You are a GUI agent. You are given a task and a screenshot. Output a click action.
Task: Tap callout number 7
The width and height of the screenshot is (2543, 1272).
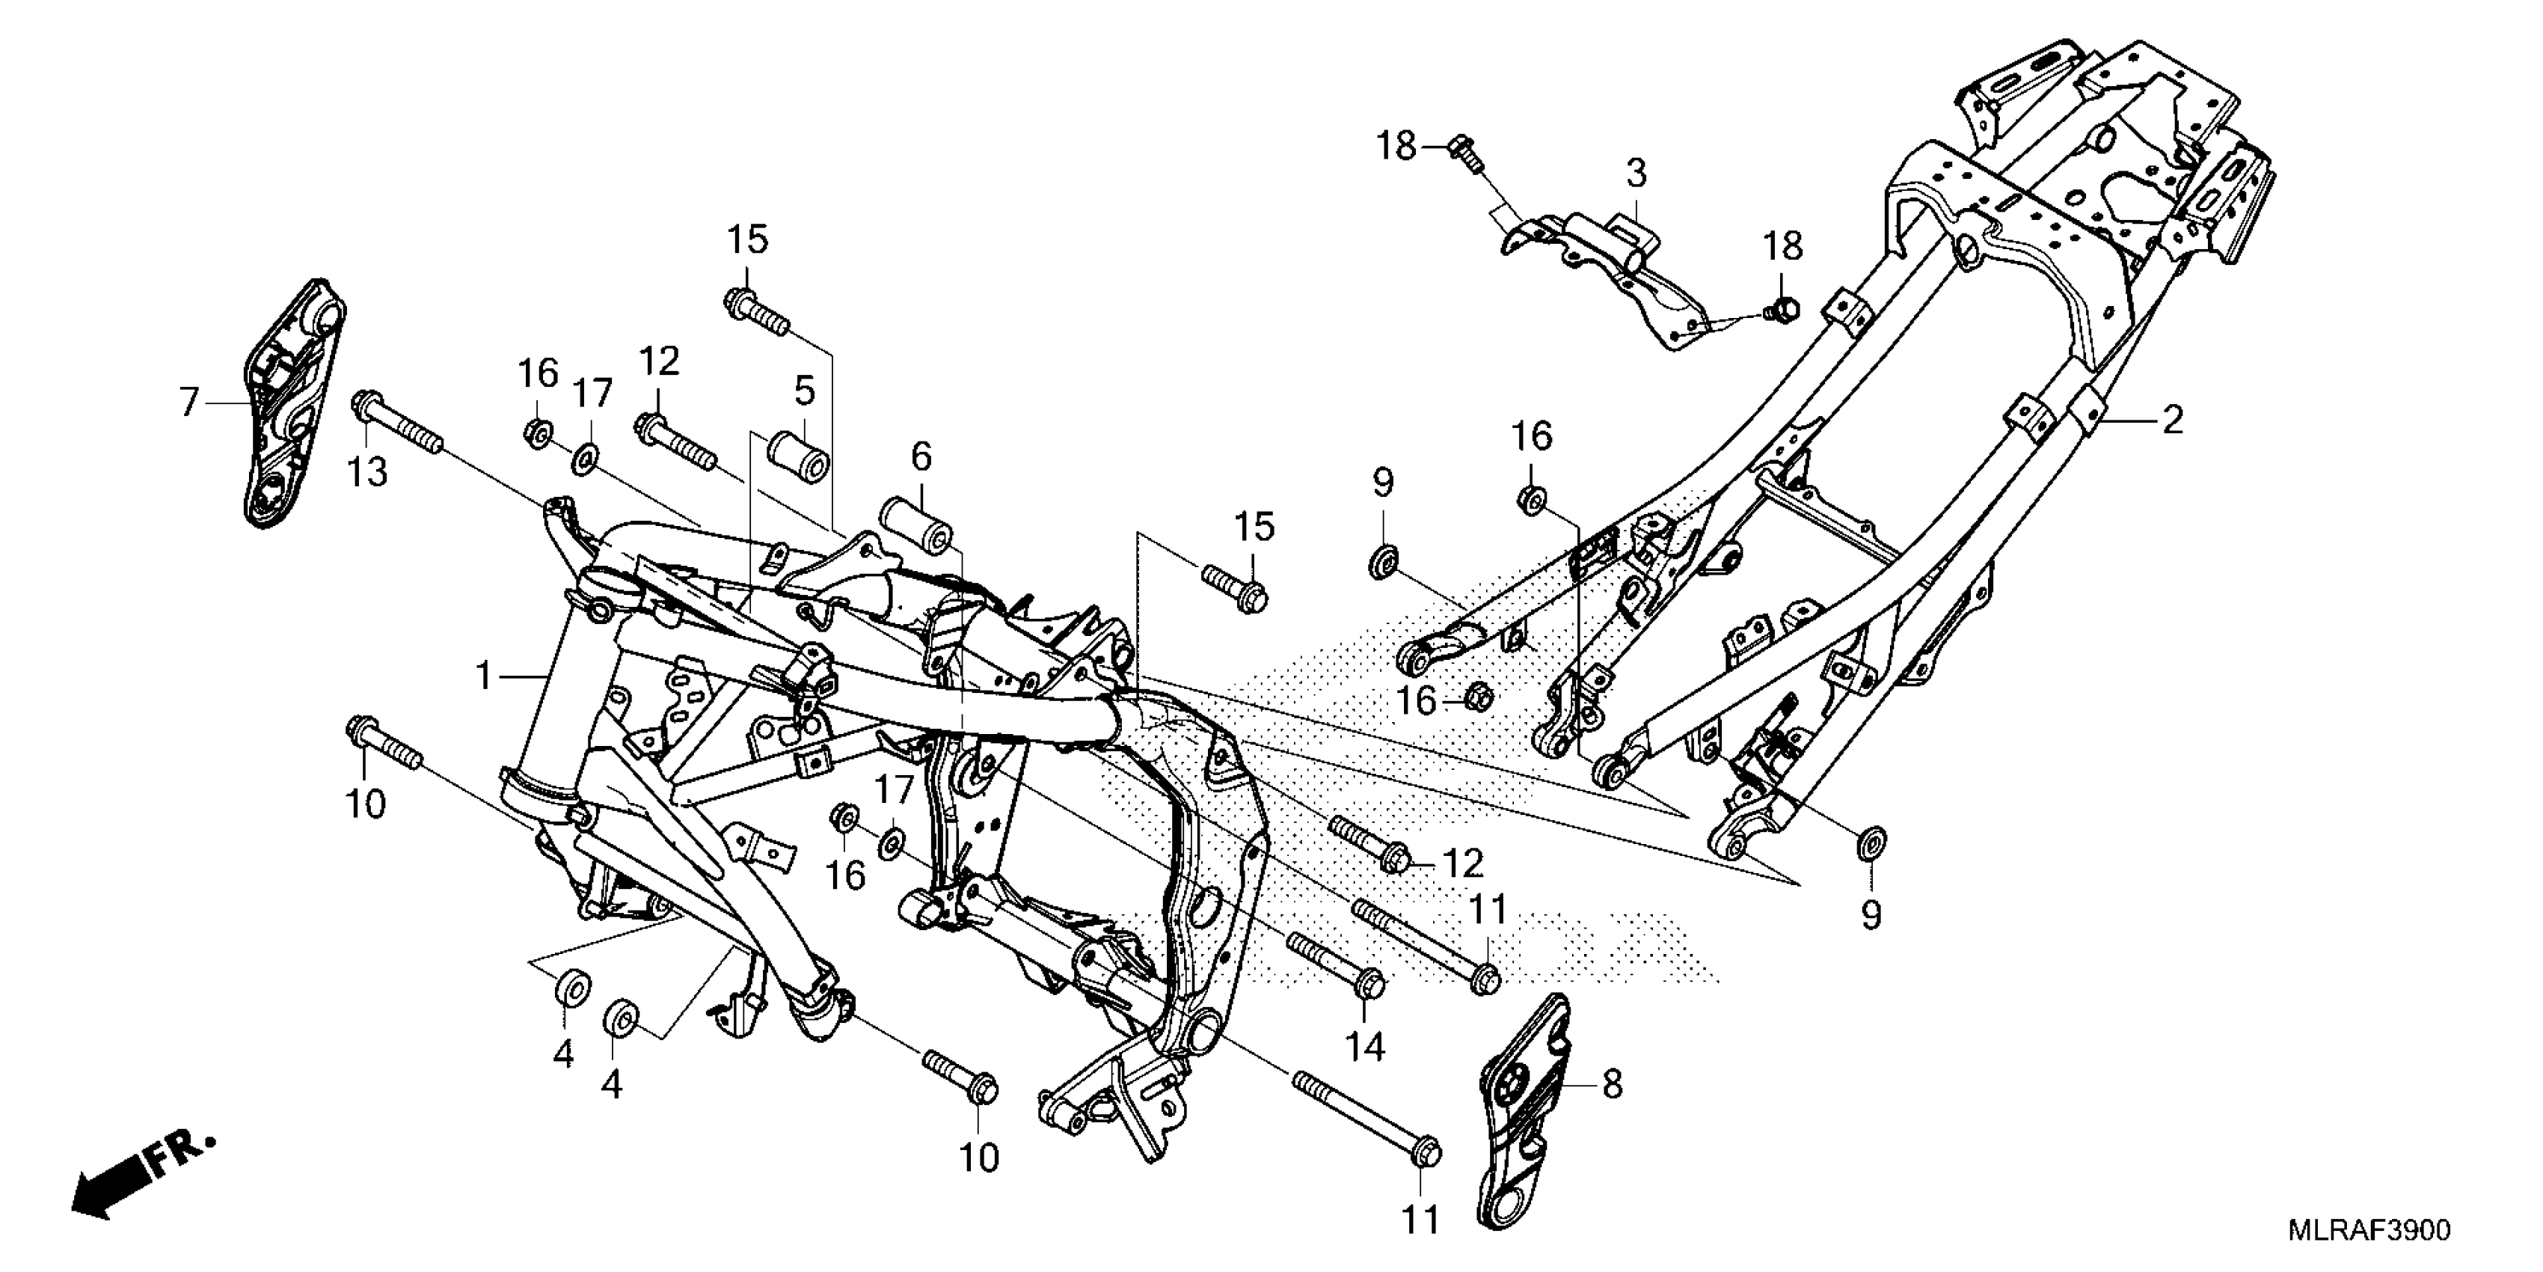tap(189, 403)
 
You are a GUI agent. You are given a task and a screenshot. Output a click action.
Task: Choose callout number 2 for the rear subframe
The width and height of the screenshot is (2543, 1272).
tap(2172, 420)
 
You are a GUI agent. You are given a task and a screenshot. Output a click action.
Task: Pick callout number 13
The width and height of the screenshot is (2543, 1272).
tap(366, 472)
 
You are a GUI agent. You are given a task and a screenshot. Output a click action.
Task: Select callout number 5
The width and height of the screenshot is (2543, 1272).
tap(805, 391)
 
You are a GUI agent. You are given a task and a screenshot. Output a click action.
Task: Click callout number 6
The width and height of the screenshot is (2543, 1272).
tap(920, 456)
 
